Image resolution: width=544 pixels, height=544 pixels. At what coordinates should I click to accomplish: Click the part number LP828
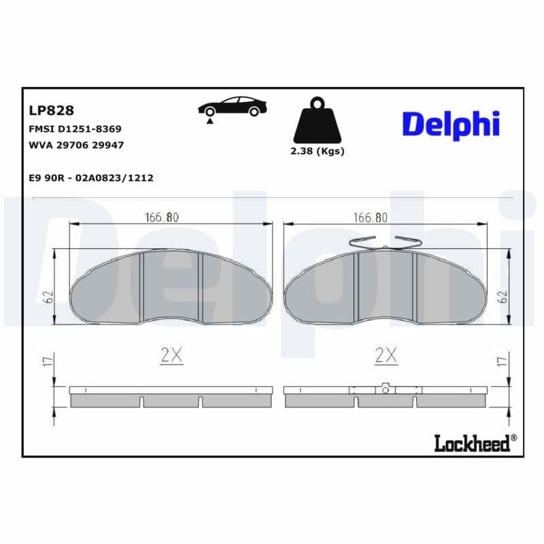51,110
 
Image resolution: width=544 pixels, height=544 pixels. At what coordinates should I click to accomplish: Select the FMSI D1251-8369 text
75,129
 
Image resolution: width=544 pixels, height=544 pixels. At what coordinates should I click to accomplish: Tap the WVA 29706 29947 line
75,146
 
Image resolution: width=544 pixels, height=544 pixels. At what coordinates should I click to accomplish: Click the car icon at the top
232,109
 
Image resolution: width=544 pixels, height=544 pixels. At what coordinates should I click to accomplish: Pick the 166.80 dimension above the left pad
162,218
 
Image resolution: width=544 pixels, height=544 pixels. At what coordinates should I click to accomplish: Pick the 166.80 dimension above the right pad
371,218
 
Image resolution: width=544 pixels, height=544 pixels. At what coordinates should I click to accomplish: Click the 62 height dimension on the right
503,297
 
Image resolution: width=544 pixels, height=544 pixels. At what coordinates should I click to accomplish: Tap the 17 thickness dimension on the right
503,362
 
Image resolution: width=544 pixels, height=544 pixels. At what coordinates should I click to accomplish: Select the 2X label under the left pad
171,354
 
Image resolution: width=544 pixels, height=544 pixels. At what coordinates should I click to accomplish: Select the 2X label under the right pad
386,354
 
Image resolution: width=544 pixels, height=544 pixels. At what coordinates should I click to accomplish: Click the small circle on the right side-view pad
385,390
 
